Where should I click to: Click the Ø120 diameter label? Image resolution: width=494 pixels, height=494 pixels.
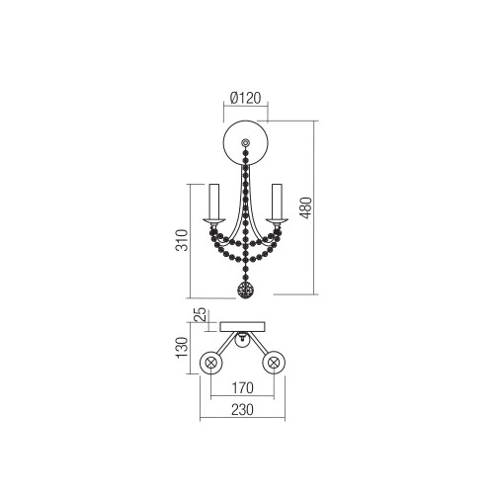(245, 98)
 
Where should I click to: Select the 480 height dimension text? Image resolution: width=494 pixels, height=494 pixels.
(306, 207)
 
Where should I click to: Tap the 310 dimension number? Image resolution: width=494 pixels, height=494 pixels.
(182, 240)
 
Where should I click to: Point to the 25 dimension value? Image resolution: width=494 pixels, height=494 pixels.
(201, 314)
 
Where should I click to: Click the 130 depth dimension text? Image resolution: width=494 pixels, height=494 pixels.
(182, 348)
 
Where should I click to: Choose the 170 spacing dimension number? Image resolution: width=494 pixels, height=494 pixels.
(242, 388)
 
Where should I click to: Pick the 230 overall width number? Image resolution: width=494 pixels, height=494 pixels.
(242, 410)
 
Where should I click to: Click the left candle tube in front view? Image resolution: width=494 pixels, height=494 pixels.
(213, 202)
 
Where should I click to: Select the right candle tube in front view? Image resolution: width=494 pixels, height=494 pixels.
(277, 202)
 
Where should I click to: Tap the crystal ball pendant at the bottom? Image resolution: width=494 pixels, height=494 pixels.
(246, 290)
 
